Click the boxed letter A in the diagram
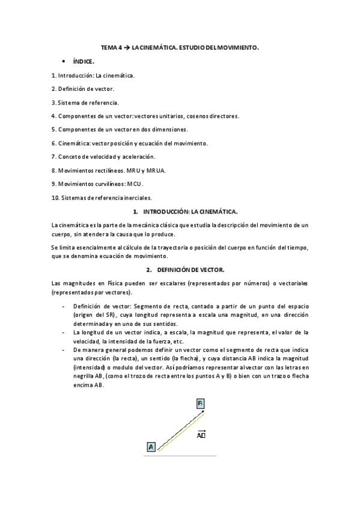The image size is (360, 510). (151, 446)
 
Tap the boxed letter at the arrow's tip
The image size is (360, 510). (201, 403)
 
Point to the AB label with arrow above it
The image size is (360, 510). (201, 434)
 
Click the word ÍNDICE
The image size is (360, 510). (84, 61)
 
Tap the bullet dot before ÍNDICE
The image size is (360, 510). (64, 61)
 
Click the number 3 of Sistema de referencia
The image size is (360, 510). (53, 102)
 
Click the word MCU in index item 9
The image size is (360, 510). (135, 183)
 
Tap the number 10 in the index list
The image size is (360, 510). (55, 197)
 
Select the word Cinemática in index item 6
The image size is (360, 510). (74, 143)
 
